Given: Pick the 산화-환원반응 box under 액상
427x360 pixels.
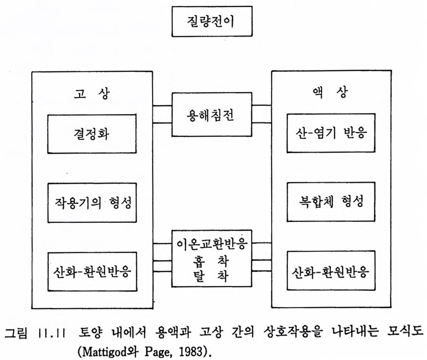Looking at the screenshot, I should pyautogui.click(x=331, y=270).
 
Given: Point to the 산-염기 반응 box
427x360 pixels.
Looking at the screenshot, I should pyautogui.click(x=331, y=133).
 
